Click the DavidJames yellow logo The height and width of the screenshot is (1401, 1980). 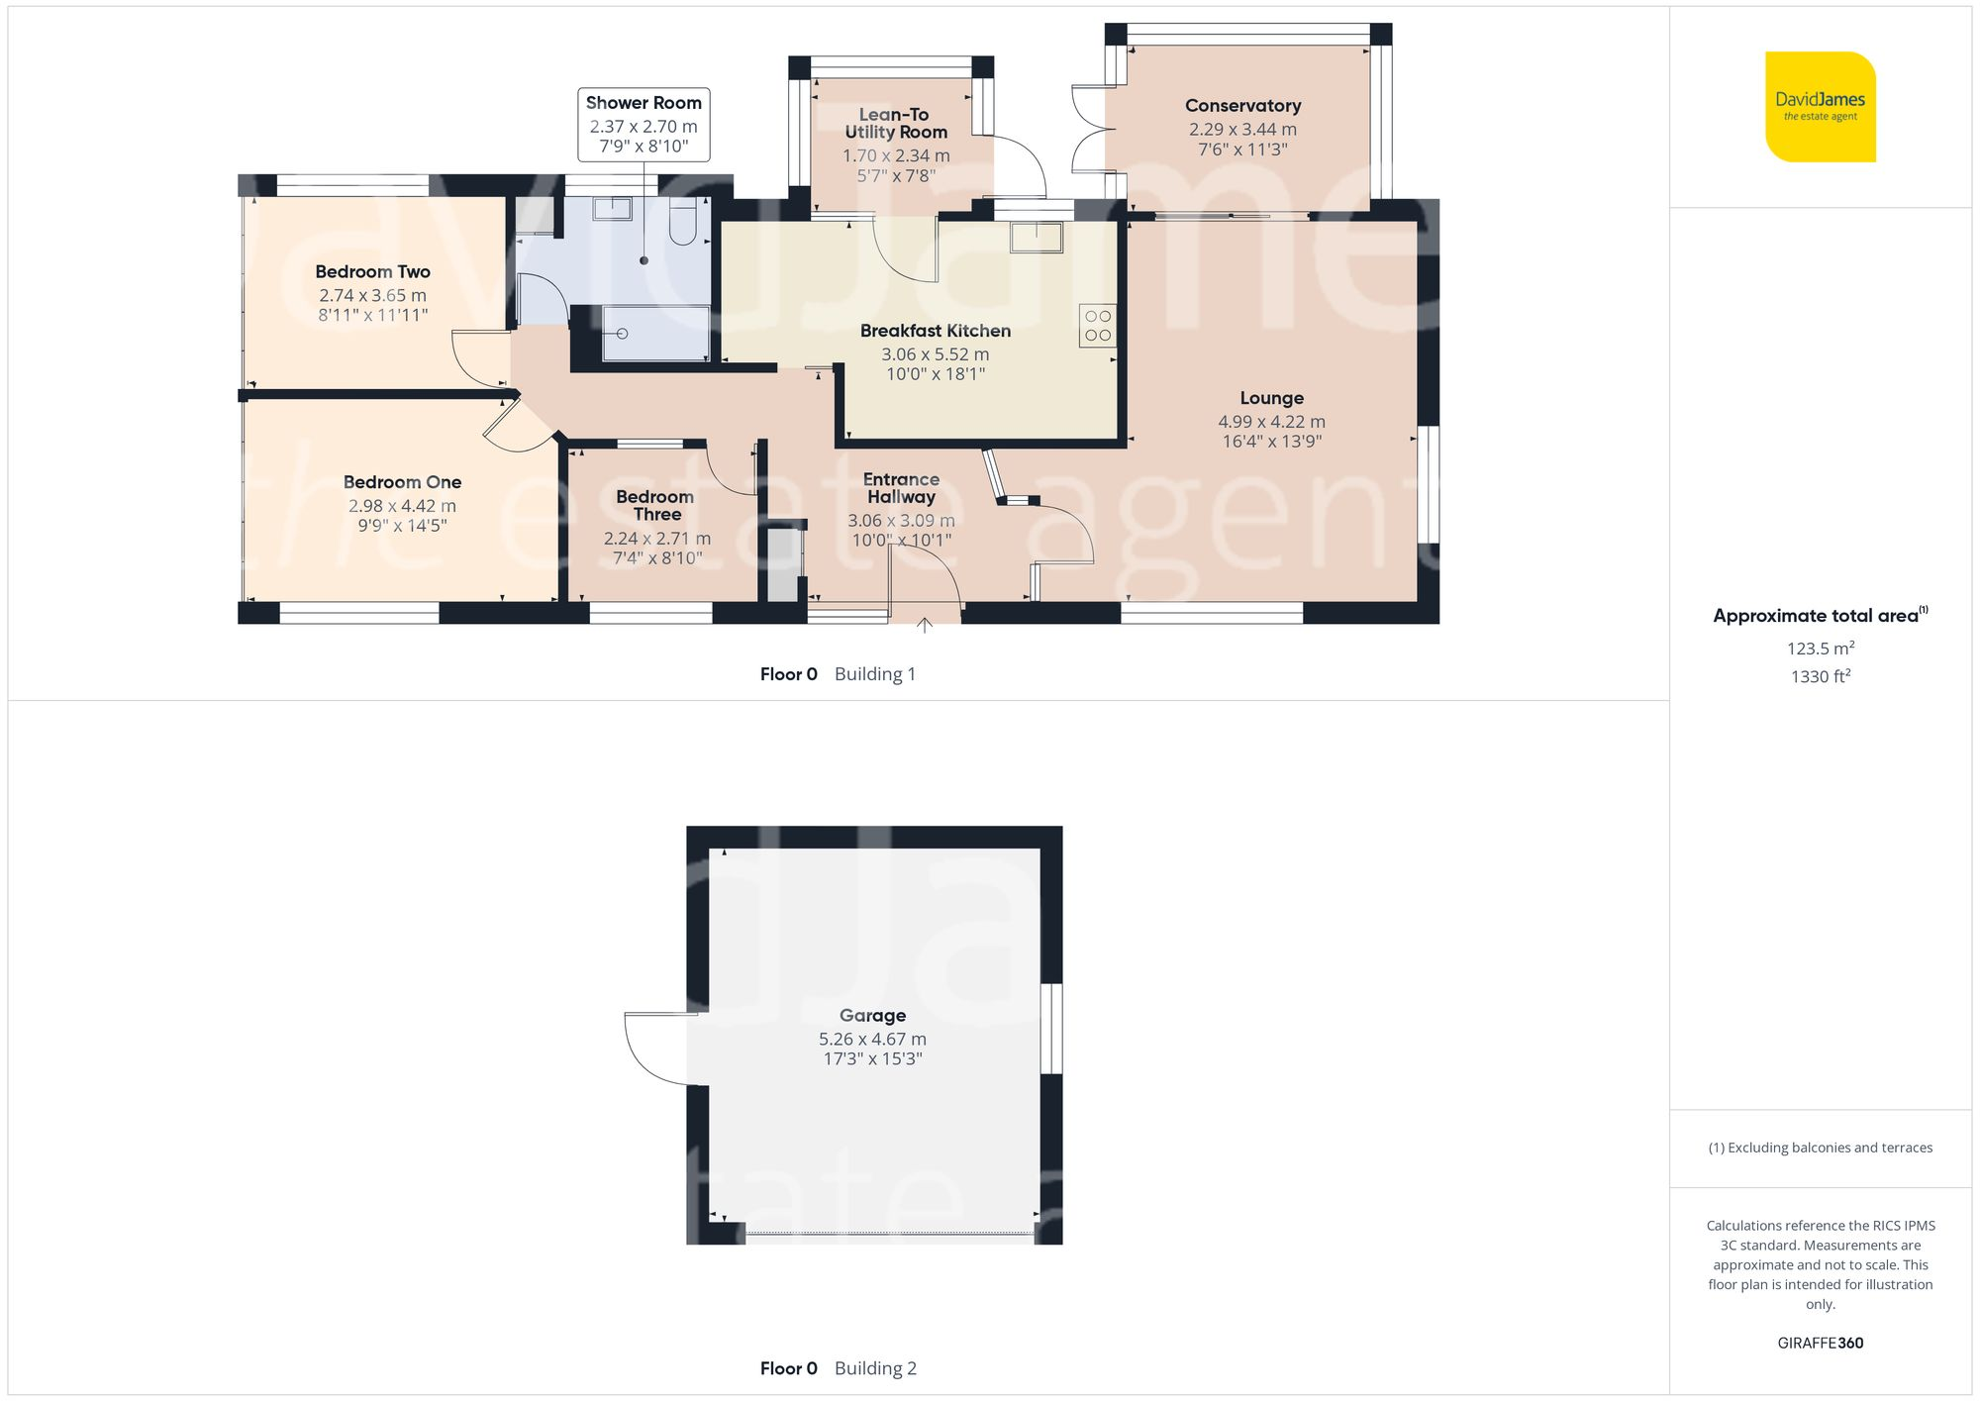point(1820,107)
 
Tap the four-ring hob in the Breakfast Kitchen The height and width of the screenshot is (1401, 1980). point(1097,326)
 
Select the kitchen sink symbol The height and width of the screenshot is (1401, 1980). point(1036,238)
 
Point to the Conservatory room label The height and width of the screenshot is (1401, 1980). point(1242,106)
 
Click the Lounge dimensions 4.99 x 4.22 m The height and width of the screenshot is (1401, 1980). point(1271,422)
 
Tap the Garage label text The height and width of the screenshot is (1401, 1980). point(872,1015)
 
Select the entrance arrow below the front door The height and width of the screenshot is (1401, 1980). point(924,626)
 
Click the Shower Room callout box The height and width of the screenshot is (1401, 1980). point(643,124)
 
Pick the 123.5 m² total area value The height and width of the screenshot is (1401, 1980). point(1820,649)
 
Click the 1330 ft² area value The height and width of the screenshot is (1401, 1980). point(1820,677)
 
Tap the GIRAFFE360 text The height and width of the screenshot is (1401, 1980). point(1820,1344)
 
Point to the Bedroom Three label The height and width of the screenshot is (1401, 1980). point(655,505)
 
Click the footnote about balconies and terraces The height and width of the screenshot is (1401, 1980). point(1820,1148)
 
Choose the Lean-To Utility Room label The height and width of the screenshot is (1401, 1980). point(895,124)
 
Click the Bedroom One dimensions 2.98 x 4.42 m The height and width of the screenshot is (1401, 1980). point(402,506)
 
